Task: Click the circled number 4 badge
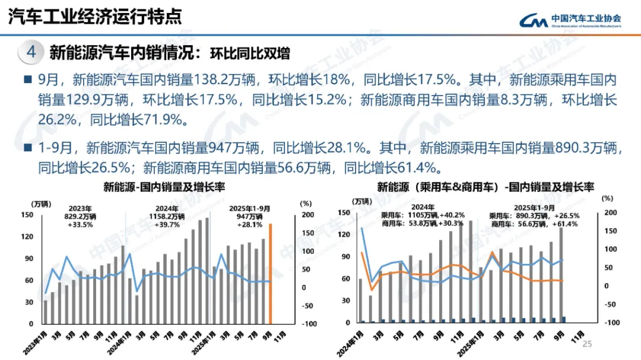pyautogui.click(x=31, y=52)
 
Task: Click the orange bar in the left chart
pyautogui.click(x=271, y=273)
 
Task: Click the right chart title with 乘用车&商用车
pyautogui.click(x=485, y=188)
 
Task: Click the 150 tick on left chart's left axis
pyautogui.click(x=27, y=215)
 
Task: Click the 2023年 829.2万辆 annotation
pyautogui.click(x=79, y=217)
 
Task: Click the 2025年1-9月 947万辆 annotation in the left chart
pyautogui.click(x=249, y=217)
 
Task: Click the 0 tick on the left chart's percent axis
pyautogui.click(x=303, y=288)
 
